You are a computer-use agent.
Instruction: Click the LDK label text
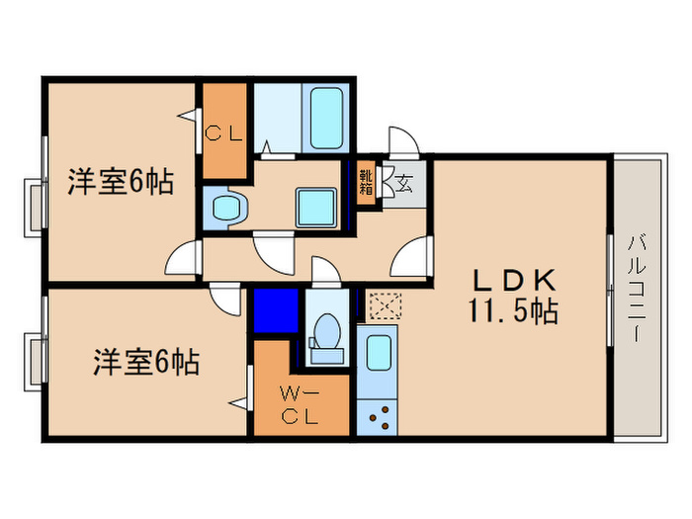(x=511, y=280)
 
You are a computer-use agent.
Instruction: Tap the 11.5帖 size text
(x=511, y=312)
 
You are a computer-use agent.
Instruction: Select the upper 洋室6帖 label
(x=121, y=182)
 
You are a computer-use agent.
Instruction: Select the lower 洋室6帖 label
(x=146, y=363)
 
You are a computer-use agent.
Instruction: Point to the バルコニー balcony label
(x=633, y=288)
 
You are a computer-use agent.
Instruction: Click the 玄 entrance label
(x=404, y=181)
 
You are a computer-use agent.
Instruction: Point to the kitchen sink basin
(x=378, y=353)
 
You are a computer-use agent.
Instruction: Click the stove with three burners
(x=378, y=417)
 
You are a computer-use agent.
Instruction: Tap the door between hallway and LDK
(x=410, y=259)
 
